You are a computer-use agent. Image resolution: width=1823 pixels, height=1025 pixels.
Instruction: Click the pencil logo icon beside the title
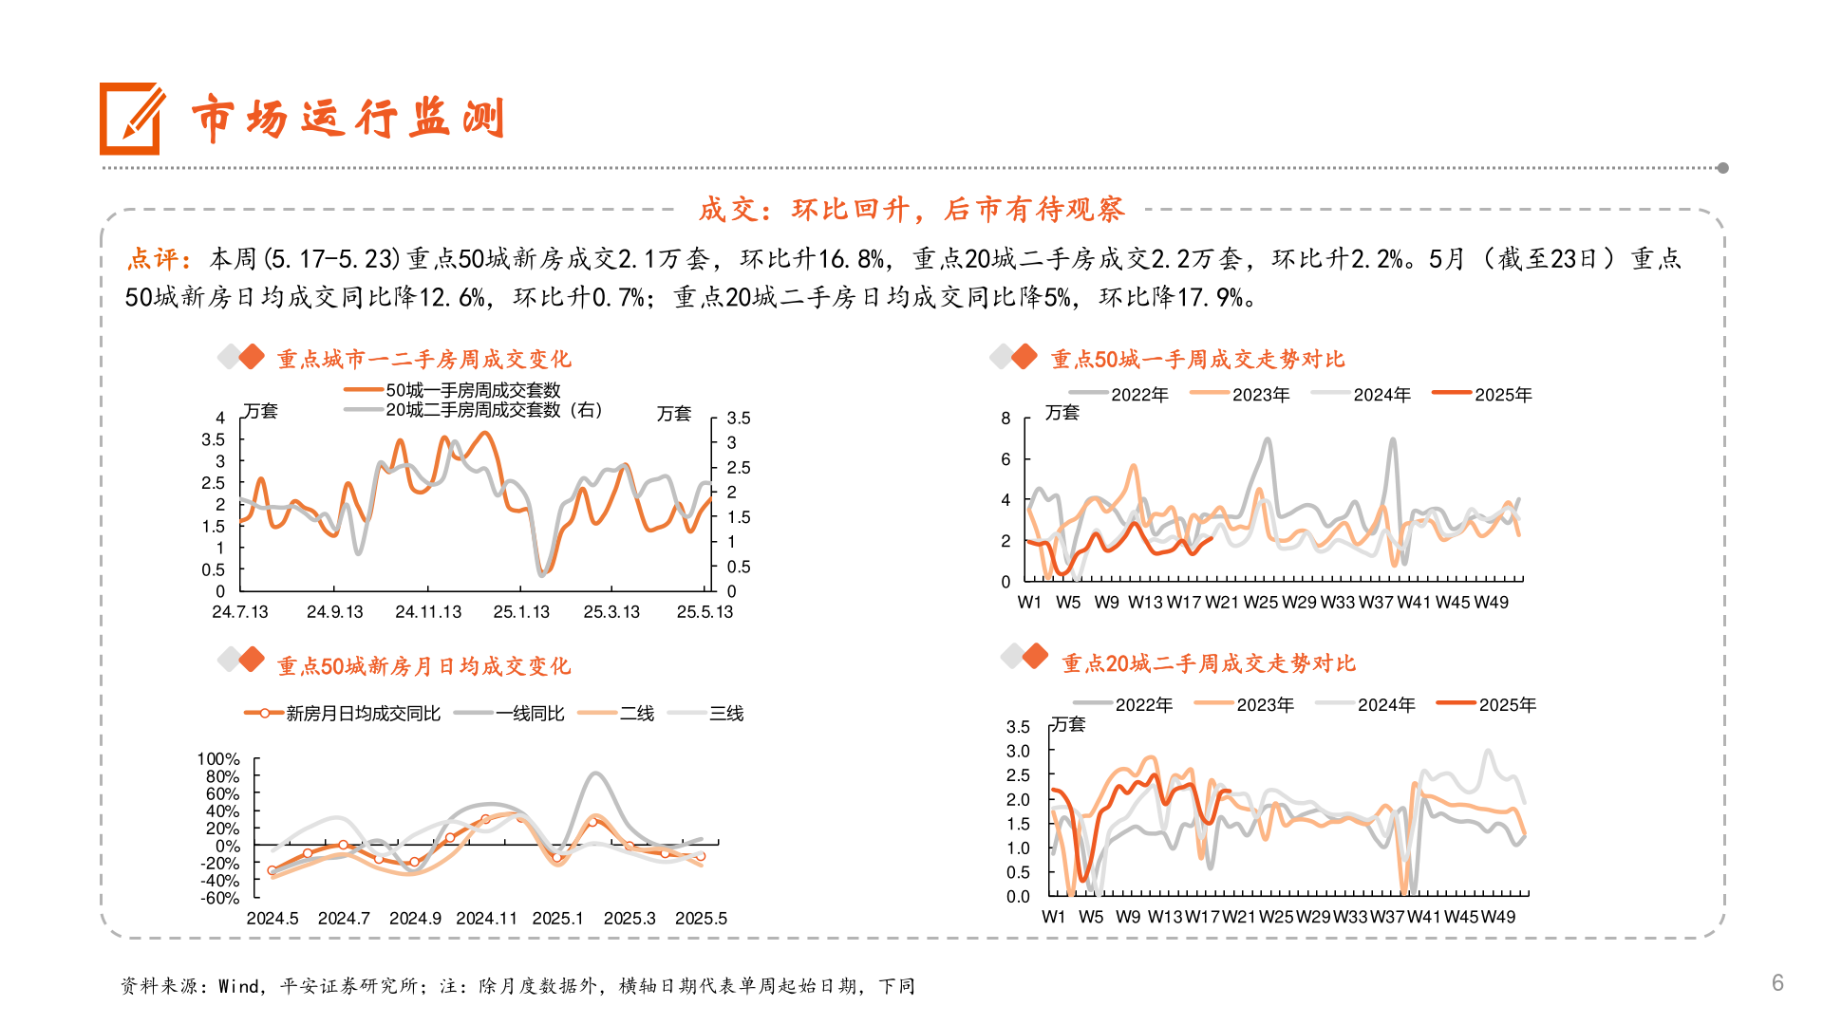(131, 119)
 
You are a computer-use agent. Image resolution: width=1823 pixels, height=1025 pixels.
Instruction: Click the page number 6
(1777, 982)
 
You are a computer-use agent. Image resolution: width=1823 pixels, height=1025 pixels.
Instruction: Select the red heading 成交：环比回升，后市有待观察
(911, 209)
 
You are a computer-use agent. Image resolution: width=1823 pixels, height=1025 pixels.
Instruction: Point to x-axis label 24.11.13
(428, 612)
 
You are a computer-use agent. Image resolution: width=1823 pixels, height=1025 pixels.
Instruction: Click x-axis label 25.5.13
(705, 612)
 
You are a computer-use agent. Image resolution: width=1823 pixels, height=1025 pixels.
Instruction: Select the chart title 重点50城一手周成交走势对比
(1197, 360)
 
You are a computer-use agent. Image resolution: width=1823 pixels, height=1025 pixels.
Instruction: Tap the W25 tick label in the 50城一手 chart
(1261, 603)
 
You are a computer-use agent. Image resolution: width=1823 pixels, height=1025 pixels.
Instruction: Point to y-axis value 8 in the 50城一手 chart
(1005, 419)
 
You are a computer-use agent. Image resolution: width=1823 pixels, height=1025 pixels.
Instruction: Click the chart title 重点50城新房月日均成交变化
(423, 666)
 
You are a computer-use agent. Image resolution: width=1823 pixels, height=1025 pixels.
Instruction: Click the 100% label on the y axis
(218, 759)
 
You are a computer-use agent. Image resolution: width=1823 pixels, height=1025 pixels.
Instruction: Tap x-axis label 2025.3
(630, 919)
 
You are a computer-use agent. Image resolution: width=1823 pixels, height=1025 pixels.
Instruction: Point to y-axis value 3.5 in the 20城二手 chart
(1018, 727)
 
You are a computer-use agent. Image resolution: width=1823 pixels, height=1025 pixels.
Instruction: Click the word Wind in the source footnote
(237, 987)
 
